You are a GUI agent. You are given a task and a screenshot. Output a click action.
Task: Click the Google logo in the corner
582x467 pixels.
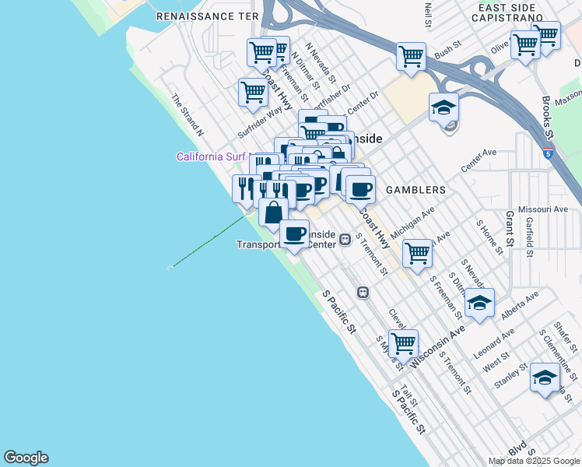pos(26,458)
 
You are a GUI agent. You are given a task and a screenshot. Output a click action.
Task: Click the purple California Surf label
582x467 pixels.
pos(211,156)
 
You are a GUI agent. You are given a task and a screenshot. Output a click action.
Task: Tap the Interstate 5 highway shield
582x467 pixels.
pos(549,153)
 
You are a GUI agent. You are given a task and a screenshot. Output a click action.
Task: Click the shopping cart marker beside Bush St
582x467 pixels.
pos(410,55)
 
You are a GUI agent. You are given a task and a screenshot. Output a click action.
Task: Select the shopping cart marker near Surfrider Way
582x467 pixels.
pos(253,91)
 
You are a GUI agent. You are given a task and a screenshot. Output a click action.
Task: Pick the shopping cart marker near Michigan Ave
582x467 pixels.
pos(418,252)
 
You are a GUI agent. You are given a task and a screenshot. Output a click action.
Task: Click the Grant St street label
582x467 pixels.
pos(510,227)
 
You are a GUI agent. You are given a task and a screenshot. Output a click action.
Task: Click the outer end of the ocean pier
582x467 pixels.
pos(170,268)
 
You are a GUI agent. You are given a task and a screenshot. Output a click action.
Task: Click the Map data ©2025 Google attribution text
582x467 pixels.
pos(535,461)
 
